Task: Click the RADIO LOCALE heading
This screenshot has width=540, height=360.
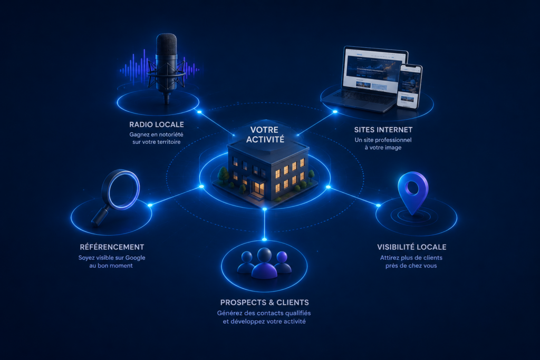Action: pos(156,124)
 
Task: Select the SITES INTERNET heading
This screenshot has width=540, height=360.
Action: pos(383,130)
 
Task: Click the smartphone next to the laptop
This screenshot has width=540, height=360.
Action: pos(409,86)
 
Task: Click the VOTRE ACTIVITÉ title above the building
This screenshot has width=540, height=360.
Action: pos(265,134)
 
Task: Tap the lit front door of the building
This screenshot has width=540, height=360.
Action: pos(258,190)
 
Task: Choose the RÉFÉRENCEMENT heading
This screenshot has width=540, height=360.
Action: pos(112,247)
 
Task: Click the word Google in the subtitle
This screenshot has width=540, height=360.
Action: pos(135,258)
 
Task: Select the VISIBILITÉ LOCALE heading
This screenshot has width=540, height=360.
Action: pos(411,247)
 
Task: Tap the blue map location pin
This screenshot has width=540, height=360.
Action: pos(412,192)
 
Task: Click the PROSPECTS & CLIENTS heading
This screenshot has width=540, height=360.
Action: pos(265,303)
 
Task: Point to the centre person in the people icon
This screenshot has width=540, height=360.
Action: pos(264,264)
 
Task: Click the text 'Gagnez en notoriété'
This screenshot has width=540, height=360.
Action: pos(156,134)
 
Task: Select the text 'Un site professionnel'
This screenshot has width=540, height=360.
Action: pos(383,140)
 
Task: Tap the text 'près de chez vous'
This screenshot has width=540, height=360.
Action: pos(411,266)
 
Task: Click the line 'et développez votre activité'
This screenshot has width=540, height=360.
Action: pos(264,322)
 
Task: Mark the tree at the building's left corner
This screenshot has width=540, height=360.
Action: pos(224,174)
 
